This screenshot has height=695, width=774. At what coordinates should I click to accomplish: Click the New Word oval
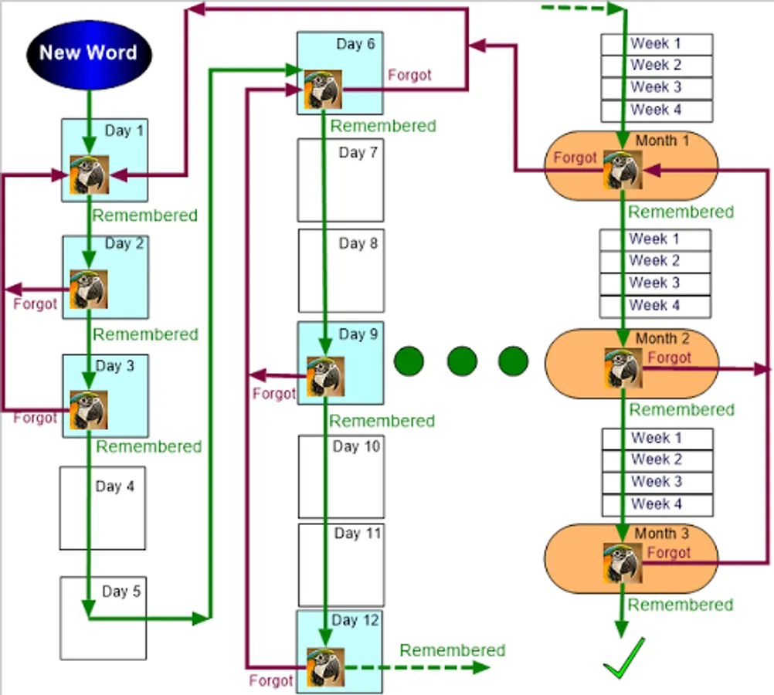tap(88, 53)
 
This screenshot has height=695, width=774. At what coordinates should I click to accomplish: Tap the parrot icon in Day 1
tap(90, 175)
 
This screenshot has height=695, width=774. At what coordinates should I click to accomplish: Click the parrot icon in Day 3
tap(89, 410)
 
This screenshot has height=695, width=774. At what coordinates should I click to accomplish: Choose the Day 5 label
tap(121, 592)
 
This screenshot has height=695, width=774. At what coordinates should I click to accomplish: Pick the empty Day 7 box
tap(341, 180)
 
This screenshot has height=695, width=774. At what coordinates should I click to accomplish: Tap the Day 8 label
tap(358, 244)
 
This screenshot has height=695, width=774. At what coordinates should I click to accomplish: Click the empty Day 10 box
tap(341, 476)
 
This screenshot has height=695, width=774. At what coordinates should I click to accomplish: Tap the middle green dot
tap(461, 361)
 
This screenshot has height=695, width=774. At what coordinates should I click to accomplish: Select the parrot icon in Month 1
tap(624, 170)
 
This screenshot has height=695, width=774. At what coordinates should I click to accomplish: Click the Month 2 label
tap(661, 338)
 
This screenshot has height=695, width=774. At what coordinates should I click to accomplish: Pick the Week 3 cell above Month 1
tap(657, 87)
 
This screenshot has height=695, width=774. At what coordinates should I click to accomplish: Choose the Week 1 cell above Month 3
tap(657, 439)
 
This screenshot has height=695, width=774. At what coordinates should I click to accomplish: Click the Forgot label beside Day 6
tap(409, 76)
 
